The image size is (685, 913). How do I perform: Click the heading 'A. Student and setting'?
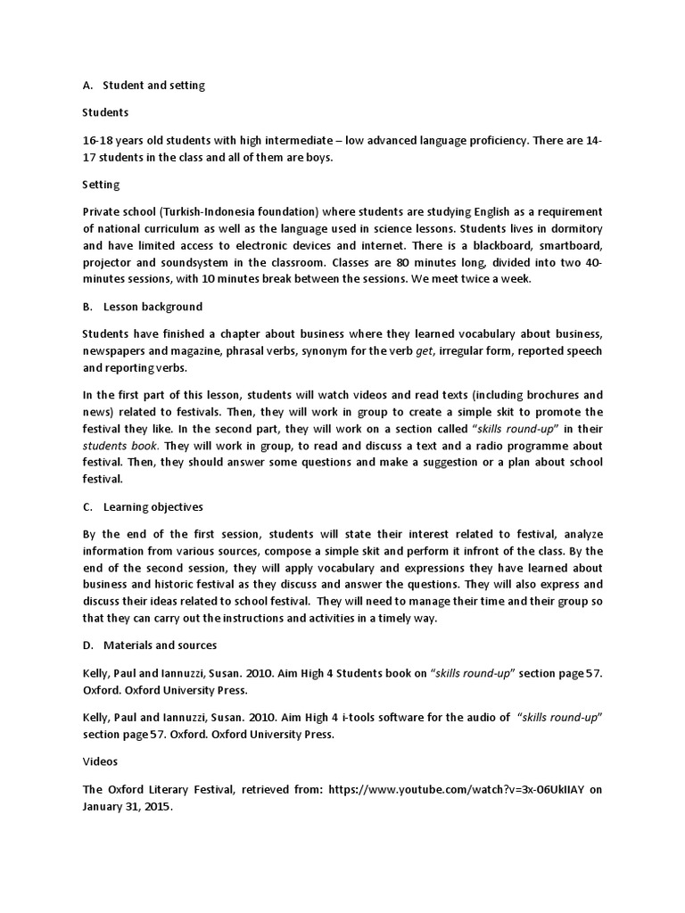[x=144, y=86]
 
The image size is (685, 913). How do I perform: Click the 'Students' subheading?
[x=105, y=112]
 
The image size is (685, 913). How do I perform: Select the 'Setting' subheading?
[x=101, y=185]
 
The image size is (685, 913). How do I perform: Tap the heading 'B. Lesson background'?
[x=142, y=307]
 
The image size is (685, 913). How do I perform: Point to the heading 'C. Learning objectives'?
[x=143, y=506]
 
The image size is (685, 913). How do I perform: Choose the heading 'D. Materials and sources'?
[x=149, y=645]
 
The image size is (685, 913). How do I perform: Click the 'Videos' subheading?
[x=100, y=763]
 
